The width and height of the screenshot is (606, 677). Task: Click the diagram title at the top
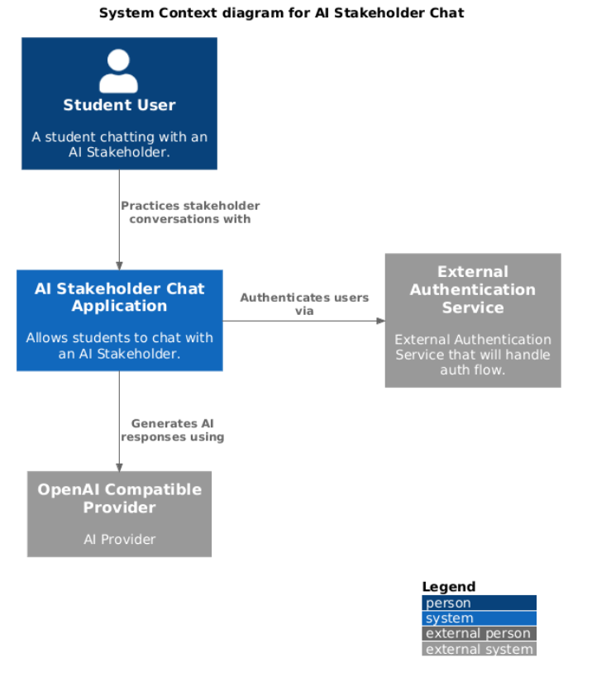tap(281, 12)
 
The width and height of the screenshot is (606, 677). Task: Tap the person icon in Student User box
tap(119, 71)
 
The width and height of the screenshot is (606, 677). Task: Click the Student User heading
tap(119, 105)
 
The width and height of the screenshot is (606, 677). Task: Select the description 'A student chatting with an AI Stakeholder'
tap(119, 144)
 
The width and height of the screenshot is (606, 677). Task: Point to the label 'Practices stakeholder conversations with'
tap(190, 212)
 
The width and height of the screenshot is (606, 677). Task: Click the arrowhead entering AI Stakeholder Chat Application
tap(119, 265)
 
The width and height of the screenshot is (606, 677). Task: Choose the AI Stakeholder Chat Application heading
tap(119, 297)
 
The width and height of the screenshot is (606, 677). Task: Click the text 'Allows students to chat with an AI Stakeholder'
tap(119, 346)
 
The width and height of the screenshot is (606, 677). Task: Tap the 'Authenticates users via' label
tap(304, 304)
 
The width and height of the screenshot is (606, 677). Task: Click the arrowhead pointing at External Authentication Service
tap(379, 321)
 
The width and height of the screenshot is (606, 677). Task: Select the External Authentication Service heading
tap(473, 289)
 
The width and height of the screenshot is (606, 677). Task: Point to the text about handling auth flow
tap(473, 355)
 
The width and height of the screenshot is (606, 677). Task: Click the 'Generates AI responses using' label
tap(173, 430)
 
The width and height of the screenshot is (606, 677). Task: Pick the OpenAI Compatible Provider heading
tap(119, 498)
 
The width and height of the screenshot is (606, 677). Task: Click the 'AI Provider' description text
tap(119, 539)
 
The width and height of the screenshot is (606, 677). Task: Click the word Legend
tap(449, 587)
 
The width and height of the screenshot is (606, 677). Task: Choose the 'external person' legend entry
tap(479, 633)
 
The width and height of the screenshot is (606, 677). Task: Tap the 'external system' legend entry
tap(479, 649)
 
